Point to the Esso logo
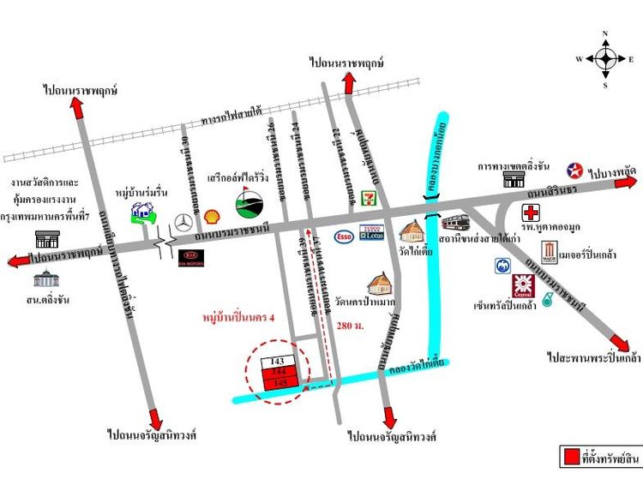(345, 237)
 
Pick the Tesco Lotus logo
(371, 233)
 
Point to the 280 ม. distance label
(352, 326)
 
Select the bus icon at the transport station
(454, 225)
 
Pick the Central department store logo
(522, 285)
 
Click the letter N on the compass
(605, 34)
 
